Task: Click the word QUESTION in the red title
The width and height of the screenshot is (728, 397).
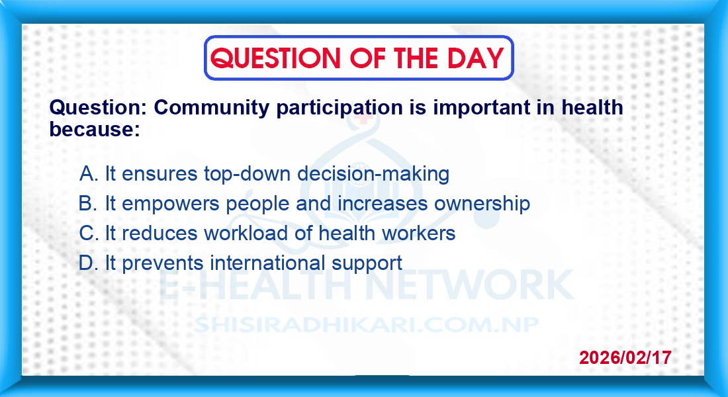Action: pyautogui.click(x=275, y=58)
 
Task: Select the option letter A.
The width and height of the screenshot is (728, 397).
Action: pyautogui.click(x=87, y=173)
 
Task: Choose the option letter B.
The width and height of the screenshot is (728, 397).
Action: pyautogui.click(x=87, y=203)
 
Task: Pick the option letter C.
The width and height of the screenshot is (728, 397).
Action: pyautogui.click(x=87, y=233)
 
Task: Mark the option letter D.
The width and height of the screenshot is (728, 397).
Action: pyautogui.click(x=87, y=263)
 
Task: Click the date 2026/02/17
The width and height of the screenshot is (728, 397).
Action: pyautogui.click(x=625, y=357)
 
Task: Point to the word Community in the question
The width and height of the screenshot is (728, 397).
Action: pyautogui.click(x=211, y=108)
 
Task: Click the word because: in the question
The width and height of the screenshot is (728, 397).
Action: pyautogui.click(x=95, y=129)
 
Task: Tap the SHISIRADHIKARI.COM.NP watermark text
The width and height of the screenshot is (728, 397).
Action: pyautogui.click(x=366, y=325)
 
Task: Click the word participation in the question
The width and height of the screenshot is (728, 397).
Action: pyautogui.click(x=340, y=109)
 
